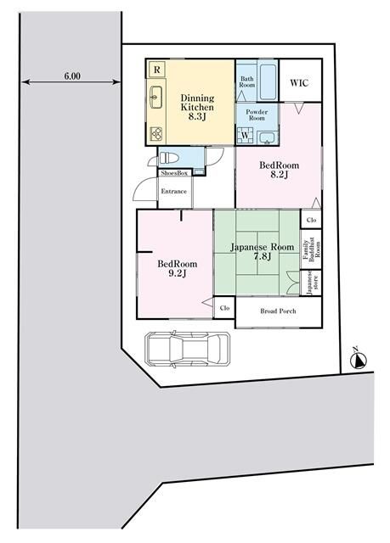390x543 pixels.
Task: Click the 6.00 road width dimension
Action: click(72, 76)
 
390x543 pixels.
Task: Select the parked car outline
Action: click(188, 349)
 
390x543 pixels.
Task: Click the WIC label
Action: click(299, 83)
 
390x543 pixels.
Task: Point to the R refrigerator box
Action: click(156, 70)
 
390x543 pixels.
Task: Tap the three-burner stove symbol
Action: click(156, 134)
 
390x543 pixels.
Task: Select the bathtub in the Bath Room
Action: click(268, 81)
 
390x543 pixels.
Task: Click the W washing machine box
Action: click(245, 135)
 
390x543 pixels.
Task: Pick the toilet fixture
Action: click(167, 159)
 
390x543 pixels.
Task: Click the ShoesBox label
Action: click(174, 173)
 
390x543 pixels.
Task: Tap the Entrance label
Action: click(173, 191)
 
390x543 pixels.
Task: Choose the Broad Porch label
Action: click(278, 311)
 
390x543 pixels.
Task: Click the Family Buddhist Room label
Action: click(311, 249)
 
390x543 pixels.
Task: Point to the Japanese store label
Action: click(311, 283)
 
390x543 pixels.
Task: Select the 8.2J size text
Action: click(279, 175)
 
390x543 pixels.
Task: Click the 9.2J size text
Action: click(178, 273)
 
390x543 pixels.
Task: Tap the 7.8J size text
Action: click(262, 256)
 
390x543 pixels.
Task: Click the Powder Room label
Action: click(257, 115)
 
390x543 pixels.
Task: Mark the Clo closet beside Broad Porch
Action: click(224, 308)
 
